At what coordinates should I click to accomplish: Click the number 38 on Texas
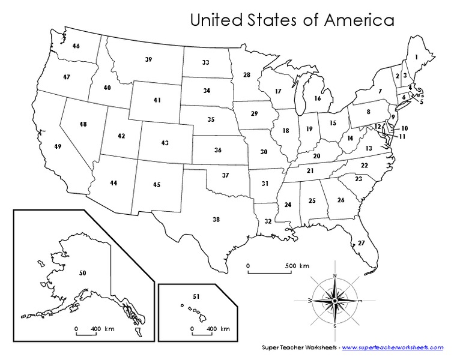(216, 220)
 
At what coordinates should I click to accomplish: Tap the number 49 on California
(58, 147)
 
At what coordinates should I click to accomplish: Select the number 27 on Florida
(361, 243)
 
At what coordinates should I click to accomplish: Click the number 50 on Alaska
(83, 274)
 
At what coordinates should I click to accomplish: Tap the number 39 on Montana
(148, 59)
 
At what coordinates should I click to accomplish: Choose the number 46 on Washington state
(76, 46)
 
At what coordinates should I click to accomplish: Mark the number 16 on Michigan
(318, 98)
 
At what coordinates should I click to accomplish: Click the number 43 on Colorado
(165, 143)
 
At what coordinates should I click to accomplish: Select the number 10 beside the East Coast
(405, 128)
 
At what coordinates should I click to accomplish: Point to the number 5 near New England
(422, 102)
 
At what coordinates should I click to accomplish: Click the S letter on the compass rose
(334, 325)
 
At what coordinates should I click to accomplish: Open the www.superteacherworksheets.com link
(393, 347)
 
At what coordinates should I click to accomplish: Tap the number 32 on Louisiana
(268, 221)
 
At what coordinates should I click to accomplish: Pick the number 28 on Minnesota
(247, 75)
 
